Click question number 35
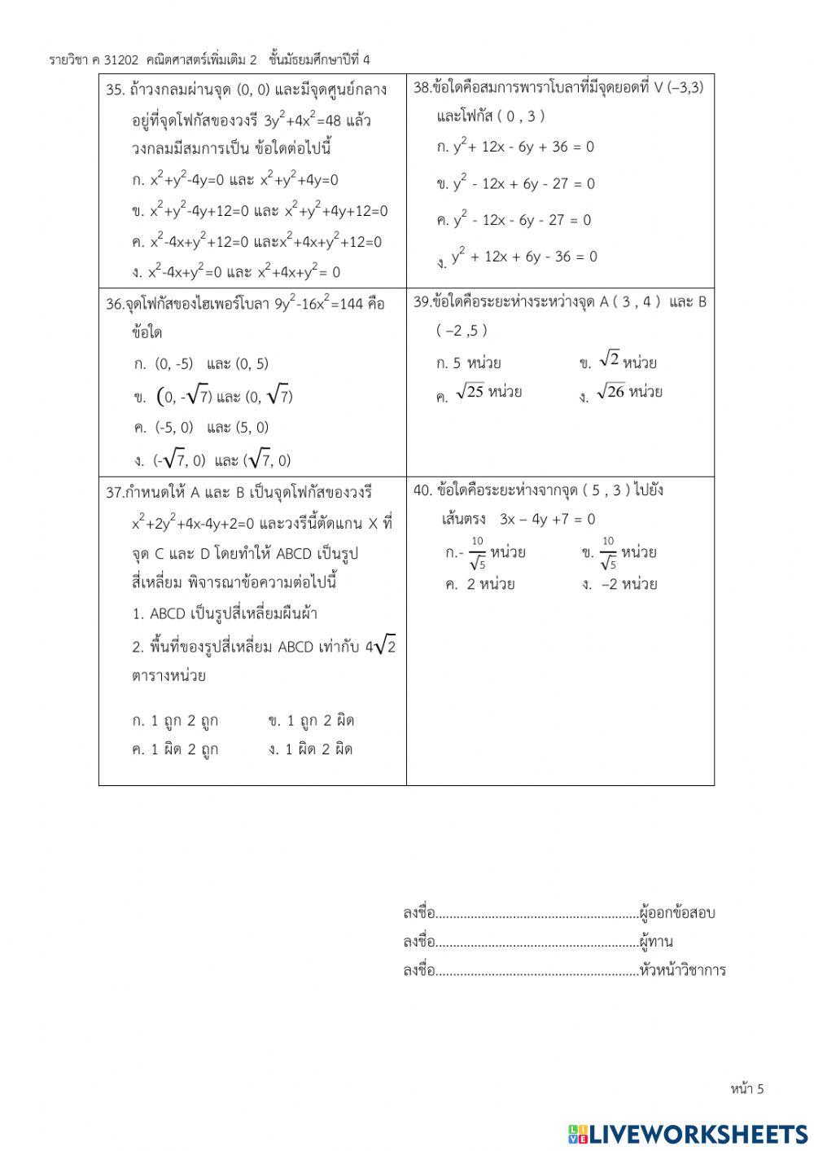tap(116, 90)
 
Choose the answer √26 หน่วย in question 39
tap(628, 393)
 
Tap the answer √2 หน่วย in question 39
tap(627, 361)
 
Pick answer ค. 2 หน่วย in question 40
tap(480, 584)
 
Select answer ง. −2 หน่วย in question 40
tap(620, 584)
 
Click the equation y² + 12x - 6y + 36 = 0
tap(523, 147)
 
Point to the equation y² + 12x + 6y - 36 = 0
tap(525, 257)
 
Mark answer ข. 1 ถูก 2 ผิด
tap(311, 721)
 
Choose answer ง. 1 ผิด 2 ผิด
tap(311, 749)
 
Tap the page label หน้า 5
tap(747, 1088)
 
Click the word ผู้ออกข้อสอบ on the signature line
tap(677, 913)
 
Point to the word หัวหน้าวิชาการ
tap(683, 970)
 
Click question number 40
tap(422, 490)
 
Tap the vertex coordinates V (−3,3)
tap(679, 88)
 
